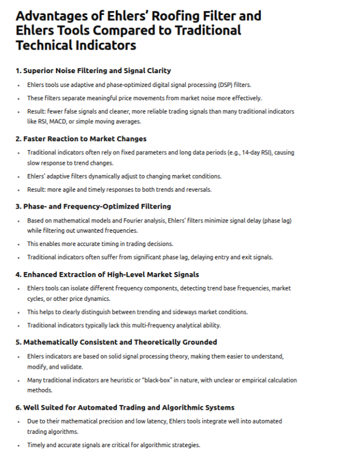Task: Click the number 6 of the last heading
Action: [18, 407]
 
